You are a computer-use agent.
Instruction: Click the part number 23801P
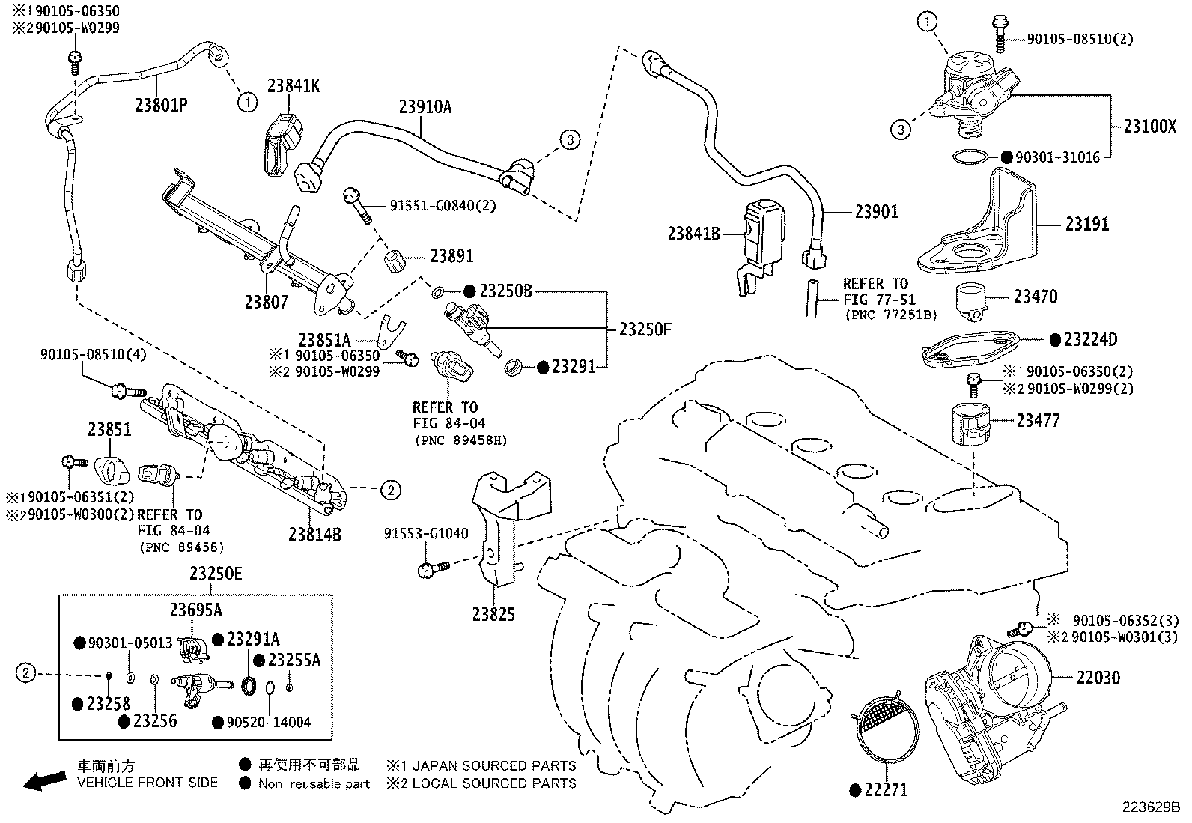point(161,104)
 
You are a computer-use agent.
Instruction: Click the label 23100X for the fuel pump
point(1150,126)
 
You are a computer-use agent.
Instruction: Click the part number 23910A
point(425,106)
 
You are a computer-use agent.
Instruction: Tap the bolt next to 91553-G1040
point(432,569)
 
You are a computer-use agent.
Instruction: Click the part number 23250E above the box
point(216,574)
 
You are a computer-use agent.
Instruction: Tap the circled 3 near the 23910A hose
point(569,139)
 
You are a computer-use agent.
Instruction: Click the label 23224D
point(1090,340)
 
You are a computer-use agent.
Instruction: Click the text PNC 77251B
point(890,315)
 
